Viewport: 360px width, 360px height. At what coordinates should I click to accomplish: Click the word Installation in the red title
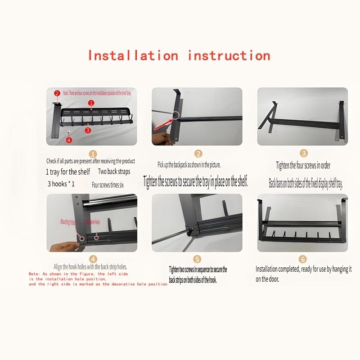133,56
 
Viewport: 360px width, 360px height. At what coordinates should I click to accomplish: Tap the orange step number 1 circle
93,153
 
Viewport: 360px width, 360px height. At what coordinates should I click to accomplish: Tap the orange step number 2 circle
198,154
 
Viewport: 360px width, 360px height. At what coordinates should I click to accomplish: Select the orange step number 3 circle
304,154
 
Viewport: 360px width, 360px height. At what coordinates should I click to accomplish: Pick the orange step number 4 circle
93,259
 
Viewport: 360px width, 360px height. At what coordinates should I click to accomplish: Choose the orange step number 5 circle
197,259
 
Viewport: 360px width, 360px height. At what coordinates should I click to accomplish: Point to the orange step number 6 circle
303,259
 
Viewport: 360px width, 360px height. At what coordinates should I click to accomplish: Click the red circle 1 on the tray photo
91,103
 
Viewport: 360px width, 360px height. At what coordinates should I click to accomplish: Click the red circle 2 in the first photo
57,94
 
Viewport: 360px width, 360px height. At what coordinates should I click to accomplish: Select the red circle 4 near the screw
68,140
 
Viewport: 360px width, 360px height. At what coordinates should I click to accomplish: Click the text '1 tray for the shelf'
68,172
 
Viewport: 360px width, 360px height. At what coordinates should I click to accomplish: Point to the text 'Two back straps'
114,172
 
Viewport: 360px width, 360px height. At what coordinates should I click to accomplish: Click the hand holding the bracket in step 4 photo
67,246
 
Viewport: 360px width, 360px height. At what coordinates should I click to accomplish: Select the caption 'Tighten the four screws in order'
303,166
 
